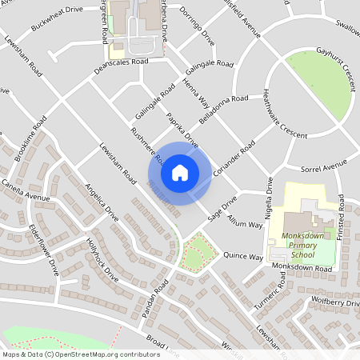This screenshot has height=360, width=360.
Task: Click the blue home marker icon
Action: (180, 173)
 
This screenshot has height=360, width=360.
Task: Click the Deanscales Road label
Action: (122, 61)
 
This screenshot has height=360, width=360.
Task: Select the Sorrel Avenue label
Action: (323, 167)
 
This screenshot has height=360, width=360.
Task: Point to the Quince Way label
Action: (243, 257)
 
